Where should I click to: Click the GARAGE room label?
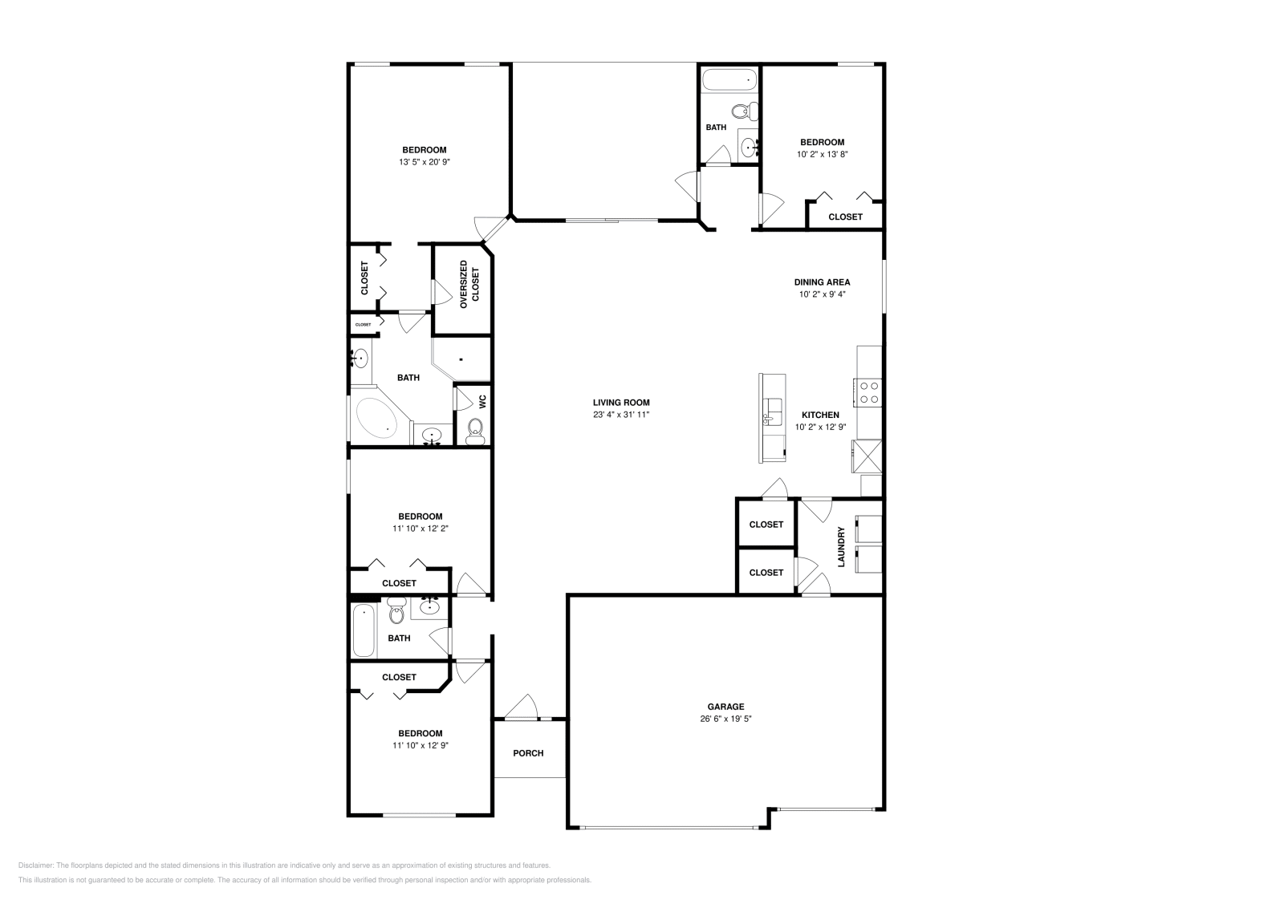coord(725,707)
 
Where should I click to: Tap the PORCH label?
coord(528,752)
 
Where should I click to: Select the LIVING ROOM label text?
coord(621,402)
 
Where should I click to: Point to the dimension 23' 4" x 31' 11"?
coord(621,414)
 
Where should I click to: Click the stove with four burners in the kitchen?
coord(868,392)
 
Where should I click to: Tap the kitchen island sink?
coord(771,412)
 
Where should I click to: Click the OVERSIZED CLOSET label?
coord(469,284)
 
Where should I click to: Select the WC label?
coord(482,402)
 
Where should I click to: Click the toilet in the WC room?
coord(475,432)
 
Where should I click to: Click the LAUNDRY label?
coord(842,547)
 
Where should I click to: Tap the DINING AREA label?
coord(822,282)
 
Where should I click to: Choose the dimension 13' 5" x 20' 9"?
coord(425,162)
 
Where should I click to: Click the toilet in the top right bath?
coord(745,111)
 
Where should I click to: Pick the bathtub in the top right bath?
coord(729,80)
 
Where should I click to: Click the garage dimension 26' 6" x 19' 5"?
coord(725,719)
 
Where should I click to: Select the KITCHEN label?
coord(820,415)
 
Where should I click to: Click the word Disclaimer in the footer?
coord(35,865)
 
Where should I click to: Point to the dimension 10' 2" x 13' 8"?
coord(822,154)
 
